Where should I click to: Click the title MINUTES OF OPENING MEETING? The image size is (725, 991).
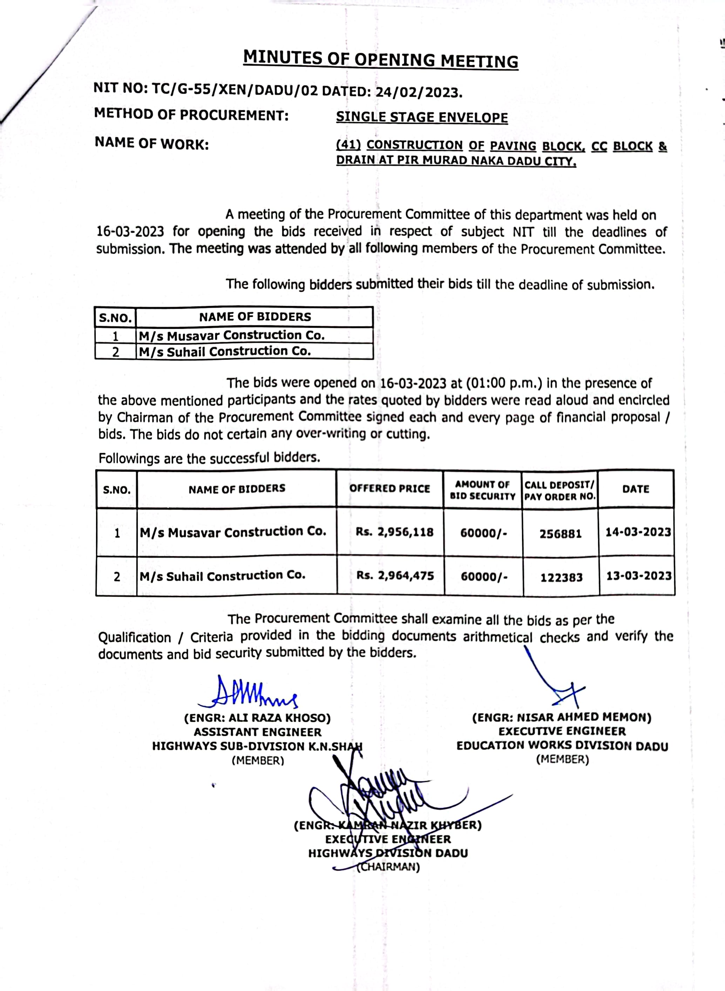(x=380, y=59)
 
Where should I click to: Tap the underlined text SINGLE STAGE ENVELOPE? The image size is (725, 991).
(x=422, y=117)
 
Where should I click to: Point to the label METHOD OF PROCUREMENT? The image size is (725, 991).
(x=191, y=115)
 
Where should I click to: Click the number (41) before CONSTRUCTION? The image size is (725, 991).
(x=348, y=145)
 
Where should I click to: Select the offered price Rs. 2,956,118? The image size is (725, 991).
(x=394, y=532)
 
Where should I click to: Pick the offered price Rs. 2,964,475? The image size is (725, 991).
(x=395, y=576)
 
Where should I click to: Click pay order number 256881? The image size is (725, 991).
(x=561, y=534)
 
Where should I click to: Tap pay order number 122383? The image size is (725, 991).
(x=561, y=577)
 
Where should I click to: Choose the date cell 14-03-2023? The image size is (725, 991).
(x=638, y=532)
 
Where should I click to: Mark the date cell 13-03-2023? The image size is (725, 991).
(x=638, y=576)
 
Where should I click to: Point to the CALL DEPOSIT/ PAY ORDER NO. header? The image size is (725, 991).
(x=560, y=491)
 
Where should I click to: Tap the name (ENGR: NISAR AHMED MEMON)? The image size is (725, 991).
(x=562, y=718)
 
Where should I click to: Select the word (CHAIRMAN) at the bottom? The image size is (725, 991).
(x=388, y=867)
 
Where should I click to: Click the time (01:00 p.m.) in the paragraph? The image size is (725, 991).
(x=504, y=384)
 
